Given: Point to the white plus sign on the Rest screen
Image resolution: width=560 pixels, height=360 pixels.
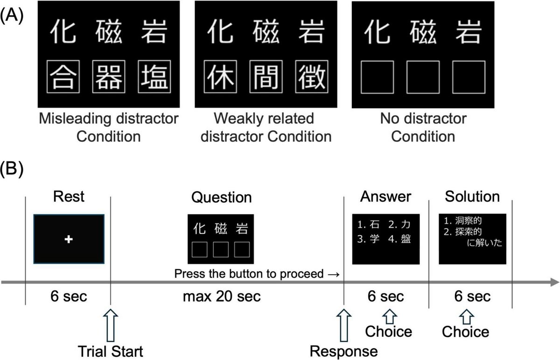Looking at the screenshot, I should (69, 239).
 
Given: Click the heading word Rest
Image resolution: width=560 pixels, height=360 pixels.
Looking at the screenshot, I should (69, 196).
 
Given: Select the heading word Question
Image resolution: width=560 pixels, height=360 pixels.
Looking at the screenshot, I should (221, 197).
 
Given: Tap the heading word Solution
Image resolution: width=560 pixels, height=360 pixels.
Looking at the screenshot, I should (472, 196).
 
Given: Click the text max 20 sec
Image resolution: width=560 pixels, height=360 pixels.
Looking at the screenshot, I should (222, 297).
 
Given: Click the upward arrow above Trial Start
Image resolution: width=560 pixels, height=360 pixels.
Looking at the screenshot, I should (111, 324).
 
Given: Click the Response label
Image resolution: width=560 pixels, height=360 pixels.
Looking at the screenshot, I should (344, 351).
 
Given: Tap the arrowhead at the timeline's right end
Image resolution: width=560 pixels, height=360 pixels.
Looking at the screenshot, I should (554, 282).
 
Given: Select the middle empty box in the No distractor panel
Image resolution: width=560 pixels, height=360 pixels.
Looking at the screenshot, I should (423, 77).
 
